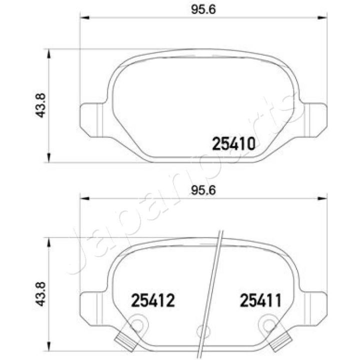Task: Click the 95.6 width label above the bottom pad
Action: coord(204,190)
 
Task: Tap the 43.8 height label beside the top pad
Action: coord(42,105)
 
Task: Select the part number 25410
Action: coord(234,144)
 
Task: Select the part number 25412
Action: coord(152,300)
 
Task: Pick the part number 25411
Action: coord(261,300)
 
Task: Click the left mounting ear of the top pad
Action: coord(91,119)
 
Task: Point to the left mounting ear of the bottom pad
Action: coord(91,306)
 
